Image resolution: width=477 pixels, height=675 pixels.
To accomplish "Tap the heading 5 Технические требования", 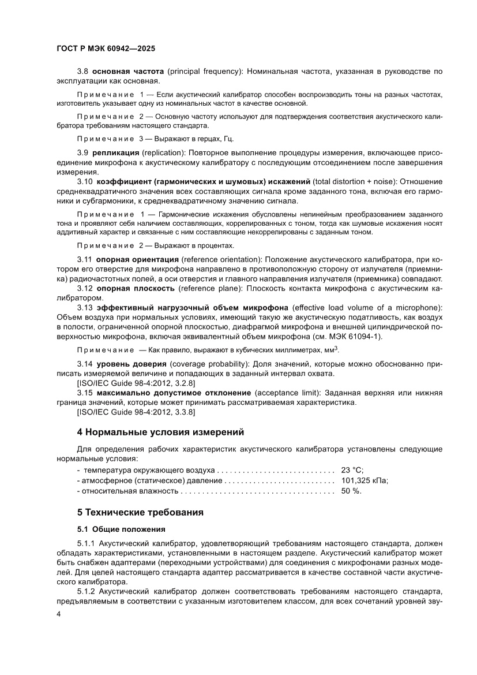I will coord(140,512).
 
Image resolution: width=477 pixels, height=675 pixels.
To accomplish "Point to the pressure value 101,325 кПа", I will coord(365,480).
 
